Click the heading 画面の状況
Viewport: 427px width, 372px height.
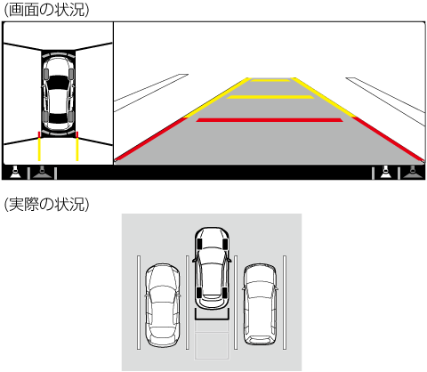(46, 10)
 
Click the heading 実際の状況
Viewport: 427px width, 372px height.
(46, 205)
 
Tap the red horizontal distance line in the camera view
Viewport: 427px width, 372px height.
(270, 120)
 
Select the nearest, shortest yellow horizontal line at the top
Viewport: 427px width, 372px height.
(270, 80)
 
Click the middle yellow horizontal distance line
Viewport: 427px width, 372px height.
(270, 97)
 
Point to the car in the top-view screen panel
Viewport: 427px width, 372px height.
(58, 93)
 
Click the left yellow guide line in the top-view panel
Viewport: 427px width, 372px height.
(39, 150)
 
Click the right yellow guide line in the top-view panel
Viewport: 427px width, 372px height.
(77, 150)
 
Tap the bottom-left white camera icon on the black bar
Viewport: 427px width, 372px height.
(15, 173)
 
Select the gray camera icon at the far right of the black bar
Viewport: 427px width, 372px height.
(413, 173)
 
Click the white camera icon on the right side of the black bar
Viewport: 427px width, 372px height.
(385, 173)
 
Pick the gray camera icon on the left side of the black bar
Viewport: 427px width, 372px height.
(43, 173)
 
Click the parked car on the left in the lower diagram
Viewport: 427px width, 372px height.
(162, 305)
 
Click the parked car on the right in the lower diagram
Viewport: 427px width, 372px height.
(260, 304)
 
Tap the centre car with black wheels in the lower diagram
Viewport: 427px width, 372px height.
(212, 268)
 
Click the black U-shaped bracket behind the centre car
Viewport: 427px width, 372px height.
(212, 318)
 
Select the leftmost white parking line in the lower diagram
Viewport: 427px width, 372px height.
(139, 303)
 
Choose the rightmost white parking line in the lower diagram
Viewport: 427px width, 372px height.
(285, 303)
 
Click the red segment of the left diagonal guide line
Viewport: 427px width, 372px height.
(150, 139)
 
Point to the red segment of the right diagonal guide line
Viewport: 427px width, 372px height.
(389, 139)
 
